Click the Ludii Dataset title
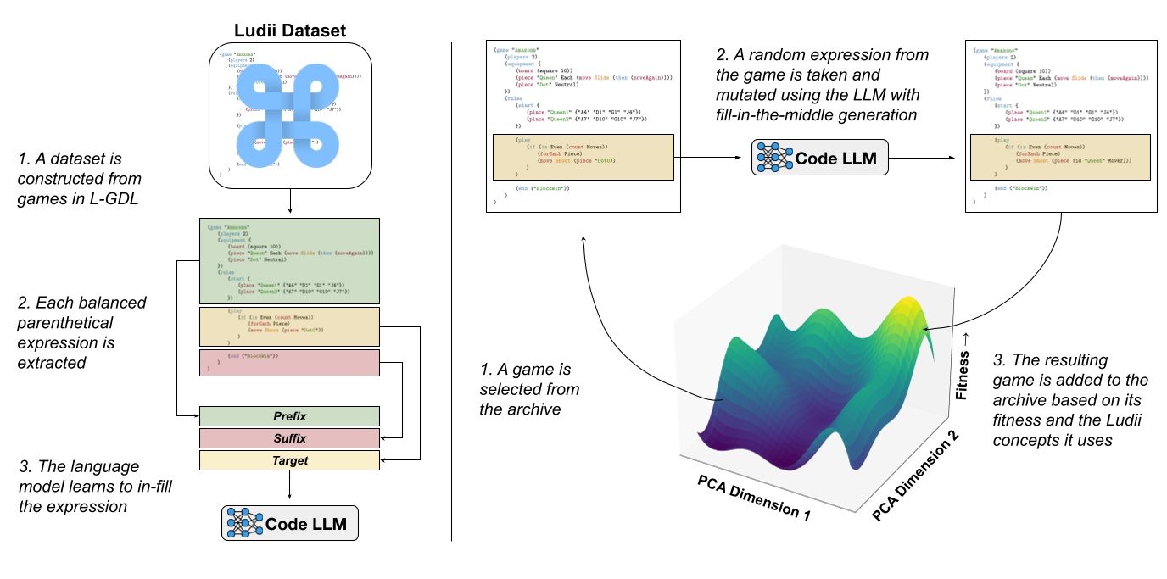point(289,32)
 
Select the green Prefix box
point(289,416)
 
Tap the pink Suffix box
point(289,438)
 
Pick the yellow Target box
point(289,460)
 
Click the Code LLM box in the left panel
point(289,523)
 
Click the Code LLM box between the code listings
point(819,157)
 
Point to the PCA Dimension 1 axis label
point(759,495)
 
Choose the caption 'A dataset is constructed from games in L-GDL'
point(80,179)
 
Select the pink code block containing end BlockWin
point(289,362)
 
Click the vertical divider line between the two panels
point(451,288)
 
